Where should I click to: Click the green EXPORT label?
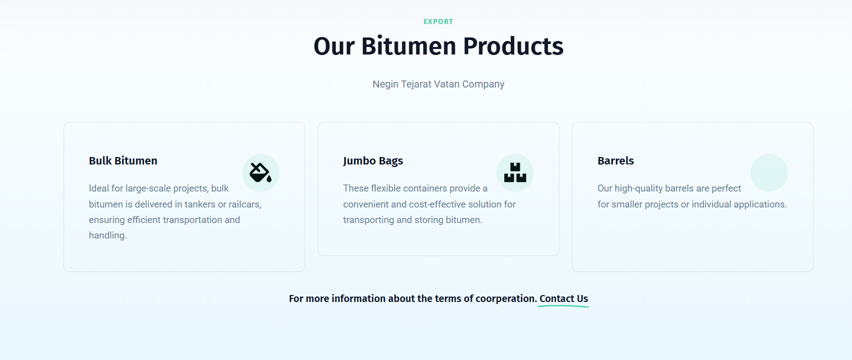(x=438, y=21)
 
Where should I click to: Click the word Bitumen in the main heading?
(x=409, y=46)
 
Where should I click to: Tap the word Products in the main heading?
(x=513, y=46)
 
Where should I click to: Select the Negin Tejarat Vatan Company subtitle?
(x=438, y=84)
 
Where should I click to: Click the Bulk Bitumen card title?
(x=123, y=161)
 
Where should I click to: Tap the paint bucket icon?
(x=261, y=172)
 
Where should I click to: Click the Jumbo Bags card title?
(x=373, y=161)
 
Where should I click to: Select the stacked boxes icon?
(x=515, y=172)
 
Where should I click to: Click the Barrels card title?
(x=615, y=161)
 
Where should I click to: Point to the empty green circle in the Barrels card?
(x=769, y=172)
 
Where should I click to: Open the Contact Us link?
(x=564, y=299)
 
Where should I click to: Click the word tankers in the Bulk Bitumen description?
(x=200, y=204)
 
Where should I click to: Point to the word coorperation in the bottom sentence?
(x=505, y=299)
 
